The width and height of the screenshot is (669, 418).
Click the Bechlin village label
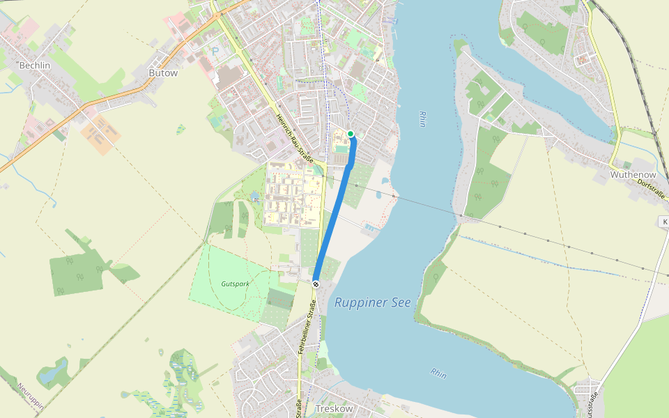35,65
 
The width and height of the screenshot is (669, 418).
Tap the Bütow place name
163,72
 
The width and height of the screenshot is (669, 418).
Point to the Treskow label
334,408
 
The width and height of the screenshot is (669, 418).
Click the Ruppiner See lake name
373,302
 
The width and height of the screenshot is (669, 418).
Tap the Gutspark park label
234,284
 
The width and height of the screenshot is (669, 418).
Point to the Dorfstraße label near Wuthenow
651,190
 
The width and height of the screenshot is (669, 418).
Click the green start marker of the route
351,134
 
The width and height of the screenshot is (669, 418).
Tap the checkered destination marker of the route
316,284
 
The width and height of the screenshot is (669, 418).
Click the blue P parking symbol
215,51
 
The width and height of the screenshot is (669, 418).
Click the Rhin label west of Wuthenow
422,118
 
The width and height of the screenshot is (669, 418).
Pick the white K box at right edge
664,222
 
